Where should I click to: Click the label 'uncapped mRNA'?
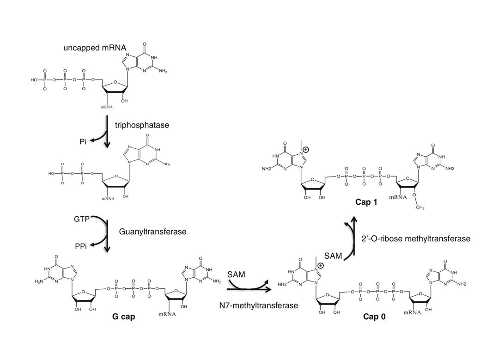pos(95,48)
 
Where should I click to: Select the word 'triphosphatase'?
pos(142,125)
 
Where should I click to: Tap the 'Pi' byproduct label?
pos(83,141)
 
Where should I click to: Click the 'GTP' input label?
pos(81,219)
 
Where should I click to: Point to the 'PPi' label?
pos(81,246)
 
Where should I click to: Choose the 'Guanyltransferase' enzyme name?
pos(152,232)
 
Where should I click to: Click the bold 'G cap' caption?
pos(123,317)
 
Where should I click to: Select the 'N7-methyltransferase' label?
pos(258,305)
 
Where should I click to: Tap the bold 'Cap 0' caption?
pos(374,317)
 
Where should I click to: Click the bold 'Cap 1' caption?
pos(366,202)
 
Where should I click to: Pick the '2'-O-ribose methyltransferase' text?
pos(416,239)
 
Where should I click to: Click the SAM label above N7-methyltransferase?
pos(237,275)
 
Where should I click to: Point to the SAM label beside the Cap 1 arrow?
pos(333,256)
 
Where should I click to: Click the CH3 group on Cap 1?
pos(420,207)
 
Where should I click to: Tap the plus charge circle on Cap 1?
pos(306,149)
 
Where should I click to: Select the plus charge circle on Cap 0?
pos(320,265)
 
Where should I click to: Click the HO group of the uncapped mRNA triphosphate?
pos(34,80)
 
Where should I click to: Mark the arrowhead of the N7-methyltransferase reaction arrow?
pos(268,289)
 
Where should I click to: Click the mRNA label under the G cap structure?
pos(167,314)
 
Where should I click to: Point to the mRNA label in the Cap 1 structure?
pos(398,197)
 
